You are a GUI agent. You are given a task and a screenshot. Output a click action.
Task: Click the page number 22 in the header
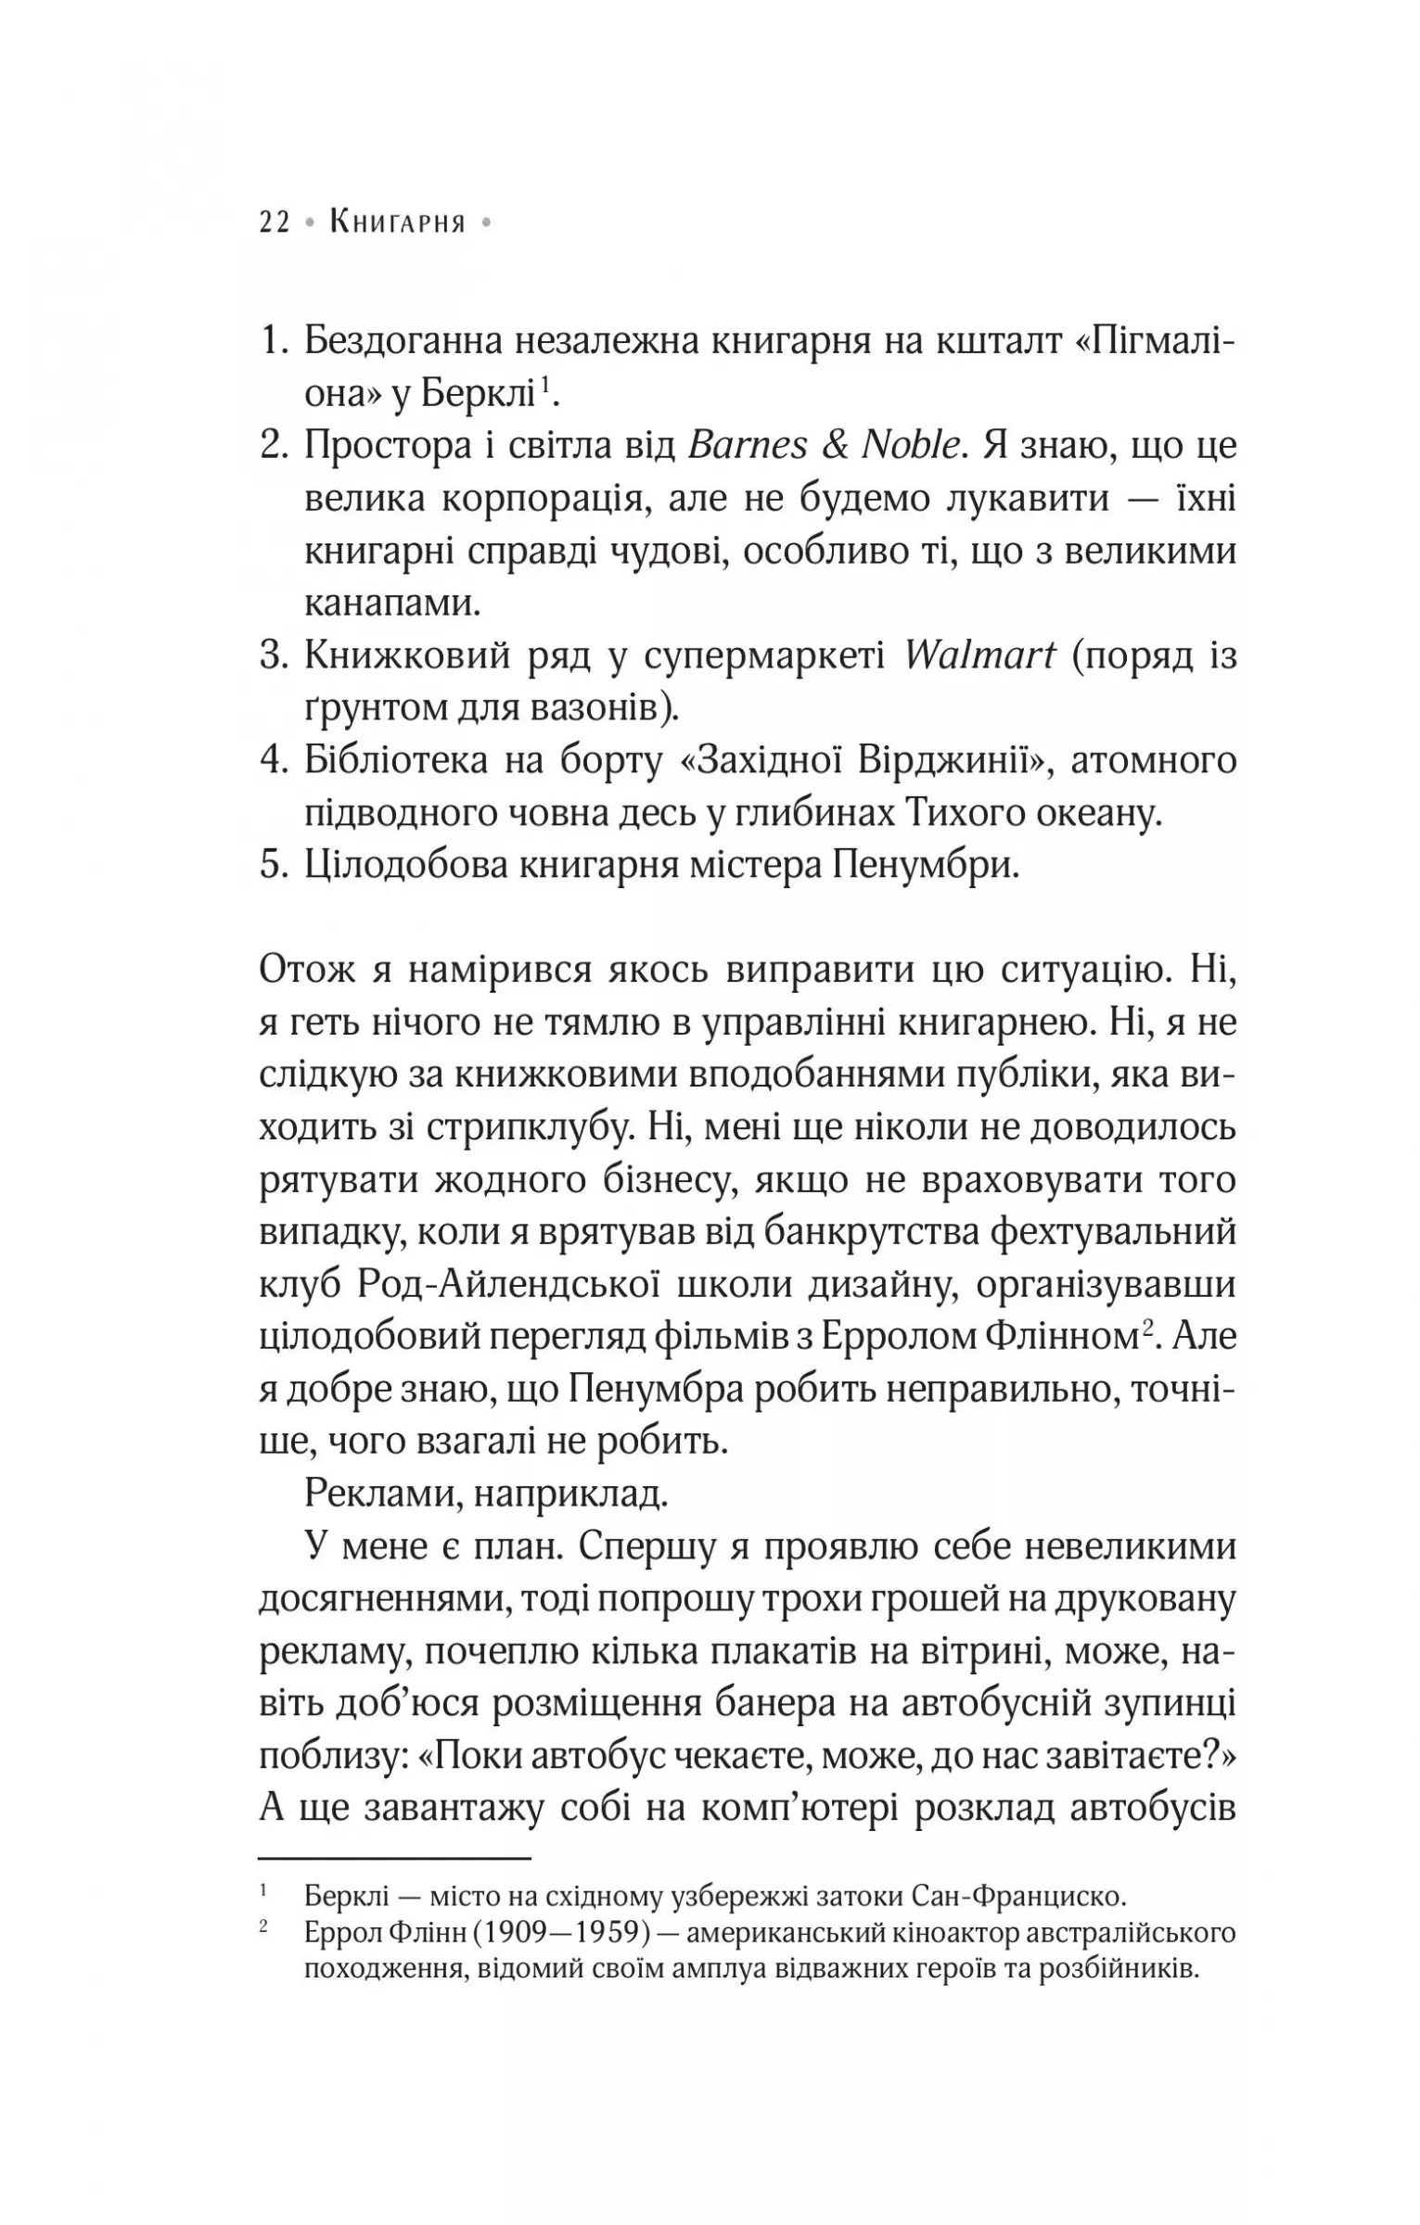[x=275, y=223]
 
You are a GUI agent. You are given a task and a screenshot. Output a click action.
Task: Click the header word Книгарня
[x=398, y=223]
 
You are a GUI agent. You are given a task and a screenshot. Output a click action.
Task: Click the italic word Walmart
[x=979, y=656]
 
